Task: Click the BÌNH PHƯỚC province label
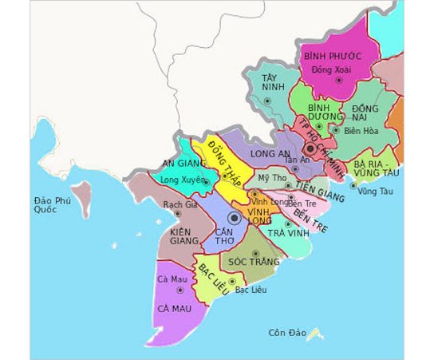(x=333, y=56)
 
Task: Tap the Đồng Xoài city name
(x=331, y=71)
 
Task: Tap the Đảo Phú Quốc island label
(x=52, y=206)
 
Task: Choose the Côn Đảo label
(x=287, y=332)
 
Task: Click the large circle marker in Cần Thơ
(x=235, y=217)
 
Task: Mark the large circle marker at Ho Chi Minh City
(x=310, y=149)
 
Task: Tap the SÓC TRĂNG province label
(x=254, y=261)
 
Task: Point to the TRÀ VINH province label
(x=287, y=232)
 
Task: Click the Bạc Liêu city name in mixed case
(x=251, y=290)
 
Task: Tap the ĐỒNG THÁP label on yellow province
(x=223, y=163)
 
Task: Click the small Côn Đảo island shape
(x=316, y=332)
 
